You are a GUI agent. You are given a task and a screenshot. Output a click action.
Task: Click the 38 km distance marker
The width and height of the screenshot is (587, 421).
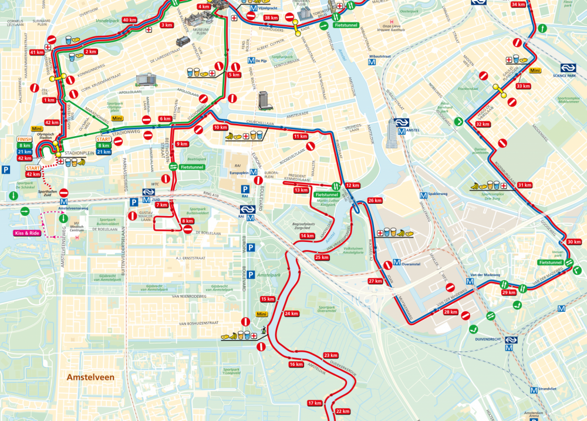point(271,18)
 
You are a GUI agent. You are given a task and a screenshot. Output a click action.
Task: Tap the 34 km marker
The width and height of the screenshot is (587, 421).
point(518,5)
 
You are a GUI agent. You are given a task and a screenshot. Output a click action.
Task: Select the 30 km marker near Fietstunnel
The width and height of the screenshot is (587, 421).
point(574,242)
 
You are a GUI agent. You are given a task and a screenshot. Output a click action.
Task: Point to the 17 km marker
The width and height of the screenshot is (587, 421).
point(315,403)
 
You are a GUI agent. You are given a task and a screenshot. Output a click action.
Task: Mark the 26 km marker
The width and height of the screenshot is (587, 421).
point(375,201)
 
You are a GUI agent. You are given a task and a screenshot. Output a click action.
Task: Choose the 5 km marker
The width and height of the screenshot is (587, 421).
point(234,75)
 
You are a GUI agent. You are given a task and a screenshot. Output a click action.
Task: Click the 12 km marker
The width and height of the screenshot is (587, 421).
point(352,185)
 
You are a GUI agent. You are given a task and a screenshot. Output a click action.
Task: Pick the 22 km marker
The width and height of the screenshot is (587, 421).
point(343,411)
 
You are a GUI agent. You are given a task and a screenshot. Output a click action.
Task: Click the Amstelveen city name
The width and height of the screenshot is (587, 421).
point(90,377)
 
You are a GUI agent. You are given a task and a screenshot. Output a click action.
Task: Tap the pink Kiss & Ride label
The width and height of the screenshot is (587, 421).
point(28,233)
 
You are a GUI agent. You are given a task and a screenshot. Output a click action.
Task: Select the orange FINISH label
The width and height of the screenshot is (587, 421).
point(24,139)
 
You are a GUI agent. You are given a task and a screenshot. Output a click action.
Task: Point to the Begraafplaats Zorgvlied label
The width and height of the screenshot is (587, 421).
point(304,226)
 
